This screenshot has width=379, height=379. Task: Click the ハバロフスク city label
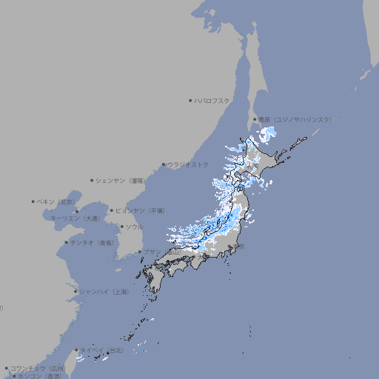pos(212,100)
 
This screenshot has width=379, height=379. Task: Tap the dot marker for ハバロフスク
pos(191,100)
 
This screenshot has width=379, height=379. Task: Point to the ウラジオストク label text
pos(188,164)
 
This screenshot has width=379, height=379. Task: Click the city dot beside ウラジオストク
pos(164,165)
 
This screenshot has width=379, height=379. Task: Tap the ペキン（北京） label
pos(57,201)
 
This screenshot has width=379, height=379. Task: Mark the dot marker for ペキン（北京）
pos(34,201)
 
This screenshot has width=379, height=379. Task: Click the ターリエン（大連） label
pos(74,218)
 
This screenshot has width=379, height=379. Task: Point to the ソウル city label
pos(134,227)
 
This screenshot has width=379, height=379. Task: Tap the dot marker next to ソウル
pos(121,227)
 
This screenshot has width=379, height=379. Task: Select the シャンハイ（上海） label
pos(104,292)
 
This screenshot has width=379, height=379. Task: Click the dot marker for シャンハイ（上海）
pos(76,292)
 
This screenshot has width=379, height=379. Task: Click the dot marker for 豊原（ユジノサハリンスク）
pos(255,119)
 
